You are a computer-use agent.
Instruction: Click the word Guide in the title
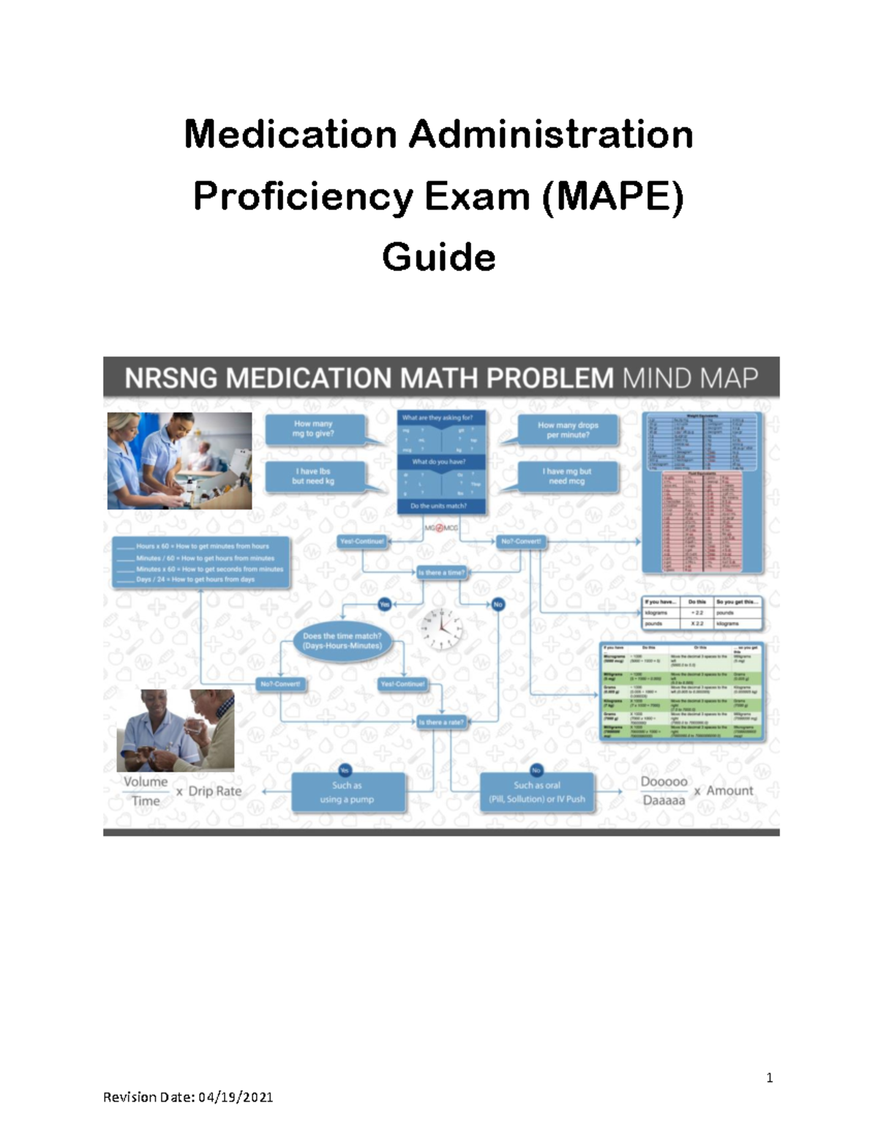tap(438, 257)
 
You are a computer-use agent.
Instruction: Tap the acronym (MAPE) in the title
tap(612, 196)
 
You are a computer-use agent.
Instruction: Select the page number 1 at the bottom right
tap(769, 1077)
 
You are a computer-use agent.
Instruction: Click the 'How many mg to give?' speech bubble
tap(315, 429)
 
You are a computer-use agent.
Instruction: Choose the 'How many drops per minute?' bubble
tap(568, 430)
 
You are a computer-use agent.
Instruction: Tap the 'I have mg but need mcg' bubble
tap(567, 477)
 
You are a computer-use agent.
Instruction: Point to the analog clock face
tap(441, 628)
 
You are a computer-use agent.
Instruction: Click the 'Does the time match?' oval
tap(342, 641)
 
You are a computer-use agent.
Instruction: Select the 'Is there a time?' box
tap(441, 573)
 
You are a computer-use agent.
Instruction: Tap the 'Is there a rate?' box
tap(441, 722)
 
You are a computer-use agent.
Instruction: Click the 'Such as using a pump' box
tap(348, 792)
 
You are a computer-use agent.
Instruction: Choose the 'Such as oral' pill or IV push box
tap(537, 792)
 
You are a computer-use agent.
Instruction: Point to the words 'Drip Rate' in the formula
tap(214, 791)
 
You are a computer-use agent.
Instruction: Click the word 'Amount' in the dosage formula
tap(729, 791)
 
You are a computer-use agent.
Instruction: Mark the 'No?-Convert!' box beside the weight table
tap(521, 542)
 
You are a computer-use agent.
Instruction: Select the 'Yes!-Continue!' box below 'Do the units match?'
tap(362, 542)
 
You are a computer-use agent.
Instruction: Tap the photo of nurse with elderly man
tap(176, 730)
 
